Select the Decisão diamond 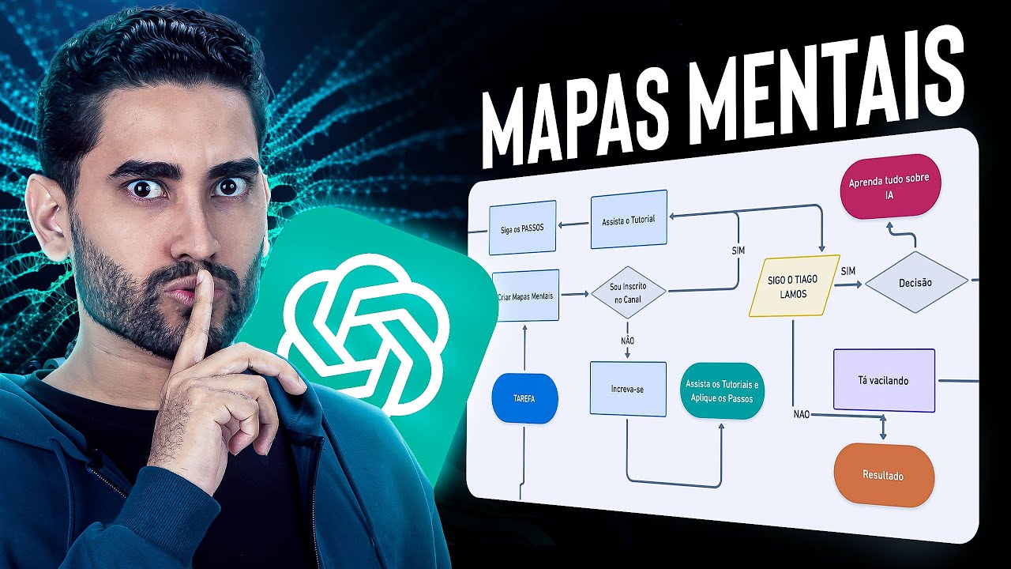point(915,282)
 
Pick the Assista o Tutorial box point(629,219)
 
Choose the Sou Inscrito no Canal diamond point(628,293)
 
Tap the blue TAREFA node point(524,398)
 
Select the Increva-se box point(628,389)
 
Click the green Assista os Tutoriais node point(722,390)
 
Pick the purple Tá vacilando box point(883,380)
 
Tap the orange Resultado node point(883,476)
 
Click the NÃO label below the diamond point(628,341)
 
